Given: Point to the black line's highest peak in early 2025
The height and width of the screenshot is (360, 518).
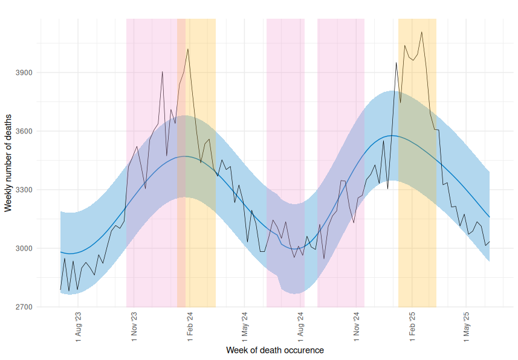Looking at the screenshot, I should pos(421,32).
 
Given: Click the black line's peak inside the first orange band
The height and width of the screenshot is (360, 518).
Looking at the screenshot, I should pos(188,49).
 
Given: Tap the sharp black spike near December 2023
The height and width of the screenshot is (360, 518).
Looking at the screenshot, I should pos(162,71).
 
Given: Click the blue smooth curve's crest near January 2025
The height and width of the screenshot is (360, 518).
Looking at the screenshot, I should pos(392,135).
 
